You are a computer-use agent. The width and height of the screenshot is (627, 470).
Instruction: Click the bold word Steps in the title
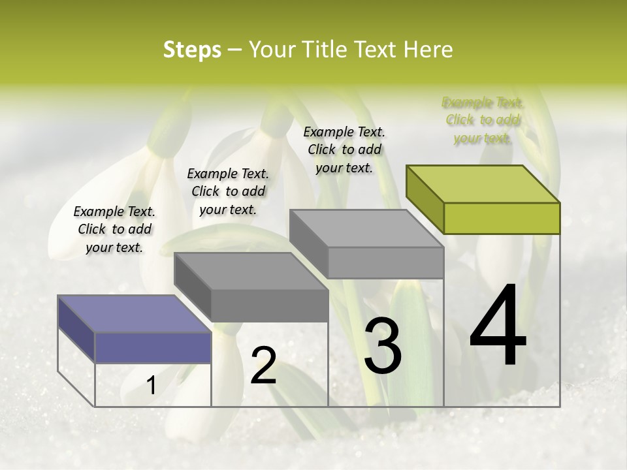(x=192, y=50)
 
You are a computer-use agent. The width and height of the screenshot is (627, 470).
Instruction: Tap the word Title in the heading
(x=327, y=50)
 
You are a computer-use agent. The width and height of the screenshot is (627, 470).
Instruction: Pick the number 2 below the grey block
(x=263, y=366)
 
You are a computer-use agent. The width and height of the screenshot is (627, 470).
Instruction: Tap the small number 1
(x=152, y=385)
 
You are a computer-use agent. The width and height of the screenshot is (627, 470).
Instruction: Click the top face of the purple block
(x=135, y=314)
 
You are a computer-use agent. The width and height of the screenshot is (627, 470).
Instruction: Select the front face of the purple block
(x=153, y=347)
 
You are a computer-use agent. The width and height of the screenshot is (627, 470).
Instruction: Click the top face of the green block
(x=483, y=183)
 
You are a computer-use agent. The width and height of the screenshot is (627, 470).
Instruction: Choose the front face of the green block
(x=502, y=218)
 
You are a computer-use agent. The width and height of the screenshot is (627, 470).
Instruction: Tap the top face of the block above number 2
(x=251, y=271)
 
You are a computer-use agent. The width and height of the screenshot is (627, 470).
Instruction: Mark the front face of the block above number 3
(x=385, y=263)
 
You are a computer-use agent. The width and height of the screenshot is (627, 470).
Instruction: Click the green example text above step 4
(x=483, y=120)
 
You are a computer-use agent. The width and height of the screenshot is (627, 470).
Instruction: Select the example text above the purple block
(x=114, y=229)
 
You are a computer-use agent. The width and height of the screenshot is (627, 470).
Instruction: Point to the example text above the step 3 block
(x=344, y=149)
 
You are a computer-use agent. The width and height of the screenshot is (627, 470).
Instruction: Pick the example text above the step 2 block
(x=228, y=191)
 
